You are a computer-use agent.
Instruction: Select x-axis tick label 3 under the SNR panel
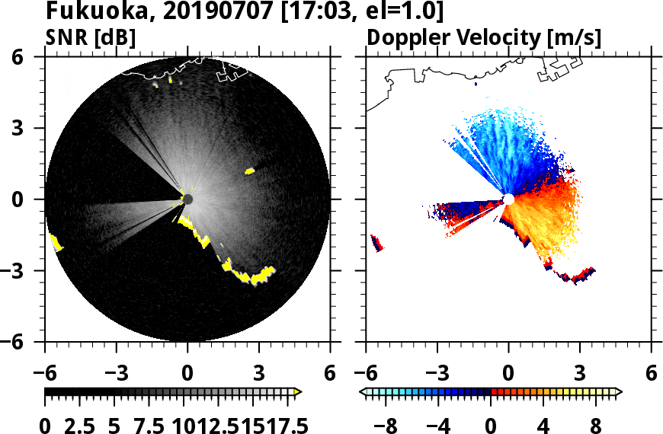[259, 374]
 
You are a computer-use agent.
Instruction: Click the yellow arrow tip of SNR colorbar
[298, 392]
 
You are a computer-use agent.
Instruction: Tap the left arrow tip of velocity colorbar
[364, 392]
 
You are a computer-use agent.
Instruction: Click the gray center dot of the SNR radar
[187, 199]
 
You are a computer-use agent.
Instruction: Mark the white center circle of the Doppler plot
[508, 199]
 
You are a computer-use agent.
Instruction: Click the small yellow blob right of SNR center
[249, 171]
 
